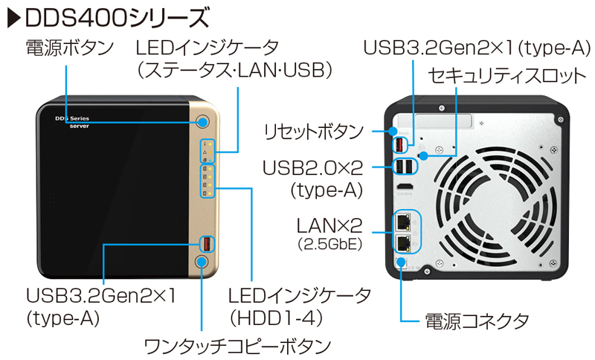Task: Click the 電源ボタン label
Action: pyautogui.click(x=70, y=48)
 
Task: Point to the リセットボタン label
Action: pyautogui.click(x=313, y=133)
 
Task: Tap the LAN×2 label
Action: pyautogui.click(x=329, y=222)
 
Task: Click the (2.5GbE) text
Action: pyautogui.click(x=329, y=243)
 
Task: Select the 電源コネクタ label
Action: pyautogui.click(x=477, y=321)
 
